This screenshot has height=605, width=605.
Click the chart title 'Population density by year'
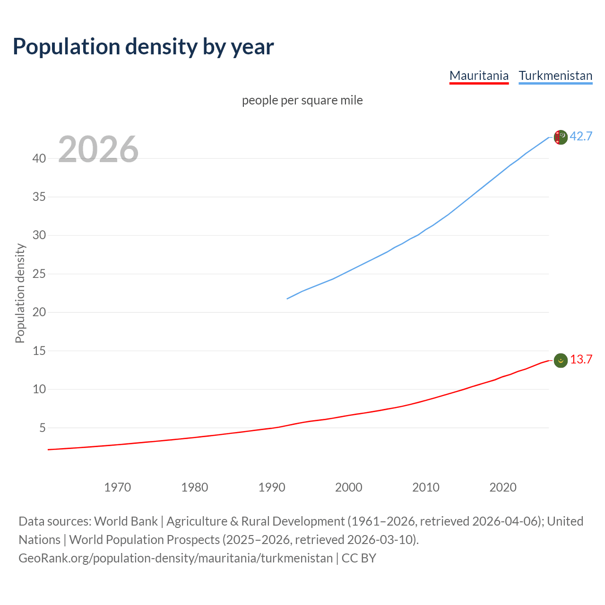coord(143,46)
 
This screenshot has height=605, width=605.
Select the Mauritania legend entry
coord(479,76)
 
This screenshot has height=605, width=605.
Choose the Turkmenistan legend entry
coord(555,76)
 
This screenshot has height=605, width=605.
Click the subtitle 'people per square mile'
coord(302,100)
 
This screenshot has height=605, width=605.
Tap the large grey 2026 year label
coord(98,149)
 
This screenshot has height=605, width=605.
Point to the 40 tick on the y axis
coord(39,158)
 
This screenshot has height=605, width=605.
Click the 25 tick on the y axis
coord(39,274)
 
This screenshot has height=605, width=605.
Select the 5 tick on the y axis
coord(43,428)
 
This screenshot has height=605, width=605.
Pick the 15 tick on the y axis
coord(39,351)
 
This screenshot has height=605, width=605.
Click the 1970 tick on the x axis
coord(117,487)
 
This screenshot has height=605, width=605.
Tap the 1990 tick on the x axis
coord(272,487)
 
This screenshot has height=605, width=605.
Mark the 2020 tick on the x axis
coord(503,487)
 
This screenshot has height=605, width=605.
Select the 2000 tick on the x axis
coord(349,487)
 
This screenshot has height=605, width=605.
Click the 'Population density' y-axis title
coord(20,293)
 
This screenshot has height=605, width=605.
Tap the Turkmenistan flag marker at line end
coord(560,137)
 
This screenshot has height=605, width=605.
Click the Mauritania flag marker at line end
coord(560,360)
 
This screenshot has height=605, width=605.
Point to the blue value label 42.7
coord(581,136)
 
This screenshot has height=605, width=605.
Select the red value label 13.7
coord(581,360)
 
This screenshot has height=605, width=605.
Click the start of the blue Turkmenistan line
coord(287,299)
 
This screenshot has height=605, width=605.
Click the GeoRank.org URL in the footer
coord(175,558)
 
